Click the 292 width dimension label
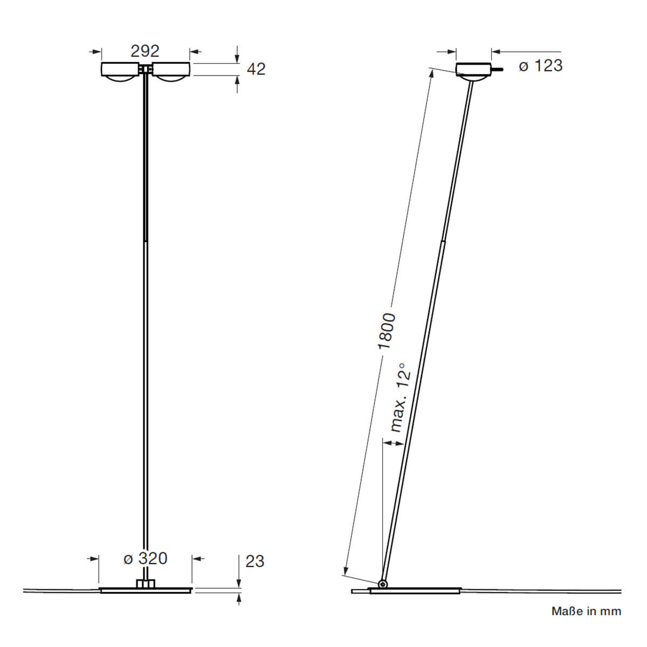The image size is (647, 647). pyautogui.click(x=145, y=51)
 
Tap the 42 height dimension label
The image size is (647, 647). pyautogui.click(x=256, y=69)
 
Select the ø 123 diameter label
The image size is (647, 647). pyautogui.click(x=541, y=66)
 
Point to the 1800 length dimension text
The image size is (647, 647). pyautogui.click(x=387, y=331)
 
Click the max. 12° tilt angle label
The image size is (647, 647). pyautogui.click(x=400, y=397)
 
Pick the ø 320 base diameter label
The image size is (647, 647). pyautogui.click(x=146, y=558)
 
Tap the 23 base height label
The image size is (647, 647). pyautogui.click(x=254, y=561)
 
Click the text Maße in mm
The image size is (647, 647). pyautogui.click(x=586, y=611)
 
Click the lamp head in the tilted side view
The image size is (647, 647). pyautogui.click(x=473, y=71)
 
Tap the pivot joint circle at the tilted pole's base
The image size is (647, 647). pyautogui.click(x=382, y=584)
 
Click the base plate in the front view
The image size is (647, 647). pyautogui.click(x=146, y=590)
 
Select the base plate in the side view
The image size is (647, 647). pyautogui.click(x=415, y=590)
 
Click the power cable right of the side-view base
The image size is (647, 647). pyautogui.click(x=539, y=590)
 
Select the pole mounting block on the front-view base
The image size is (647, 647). pyautogui.click(x=145, y=583)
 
